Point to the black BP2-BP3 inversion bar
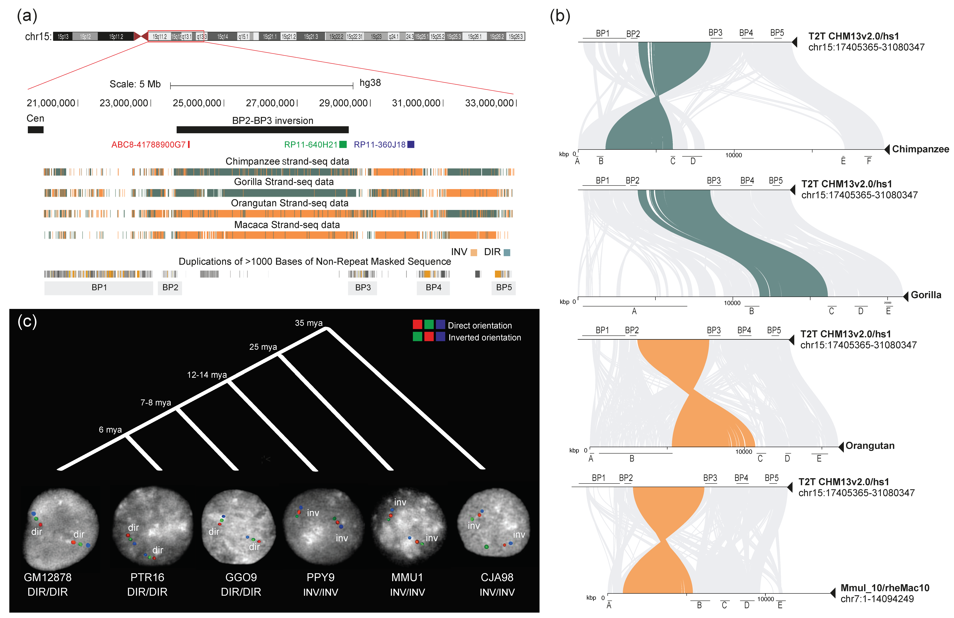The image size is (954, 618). (x=263, y=130)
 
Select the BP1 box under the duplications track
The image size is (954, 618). (x=99, y=287)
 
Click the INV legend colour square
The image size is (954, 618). (x=474, y=252)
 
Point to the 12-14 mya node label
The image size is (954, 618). (x=207, y=375)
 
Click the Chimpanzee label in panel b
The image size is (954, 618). (x=920, y=149)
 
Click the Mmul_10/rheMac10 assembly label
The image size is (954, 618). (x=885, y=588)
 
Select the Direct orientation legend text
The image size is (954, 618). (x=480, y=326)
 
